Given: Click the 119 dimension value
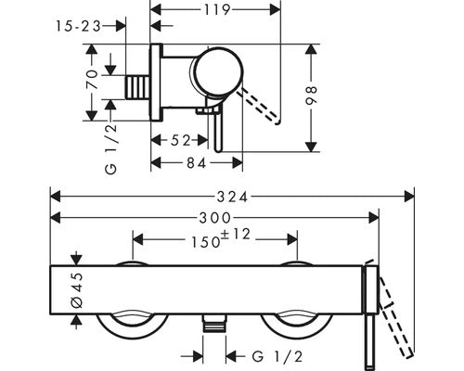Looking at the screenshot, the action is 217,10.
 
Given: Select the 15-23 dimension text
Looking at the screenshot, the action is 78,26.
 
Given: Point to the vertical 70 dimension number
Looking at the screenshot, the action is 92,80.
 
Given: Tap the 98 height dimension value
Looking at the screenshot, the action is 311,96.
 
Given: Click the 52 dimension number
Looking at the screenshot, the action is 181,141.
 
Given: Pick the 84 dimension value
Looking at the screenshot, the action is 197,163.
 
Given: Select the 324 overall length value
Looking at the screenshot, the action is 232,197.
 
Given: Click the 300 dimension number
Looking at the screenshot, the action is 214,218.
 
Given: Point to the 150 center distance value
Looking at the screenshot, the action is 205,242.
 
